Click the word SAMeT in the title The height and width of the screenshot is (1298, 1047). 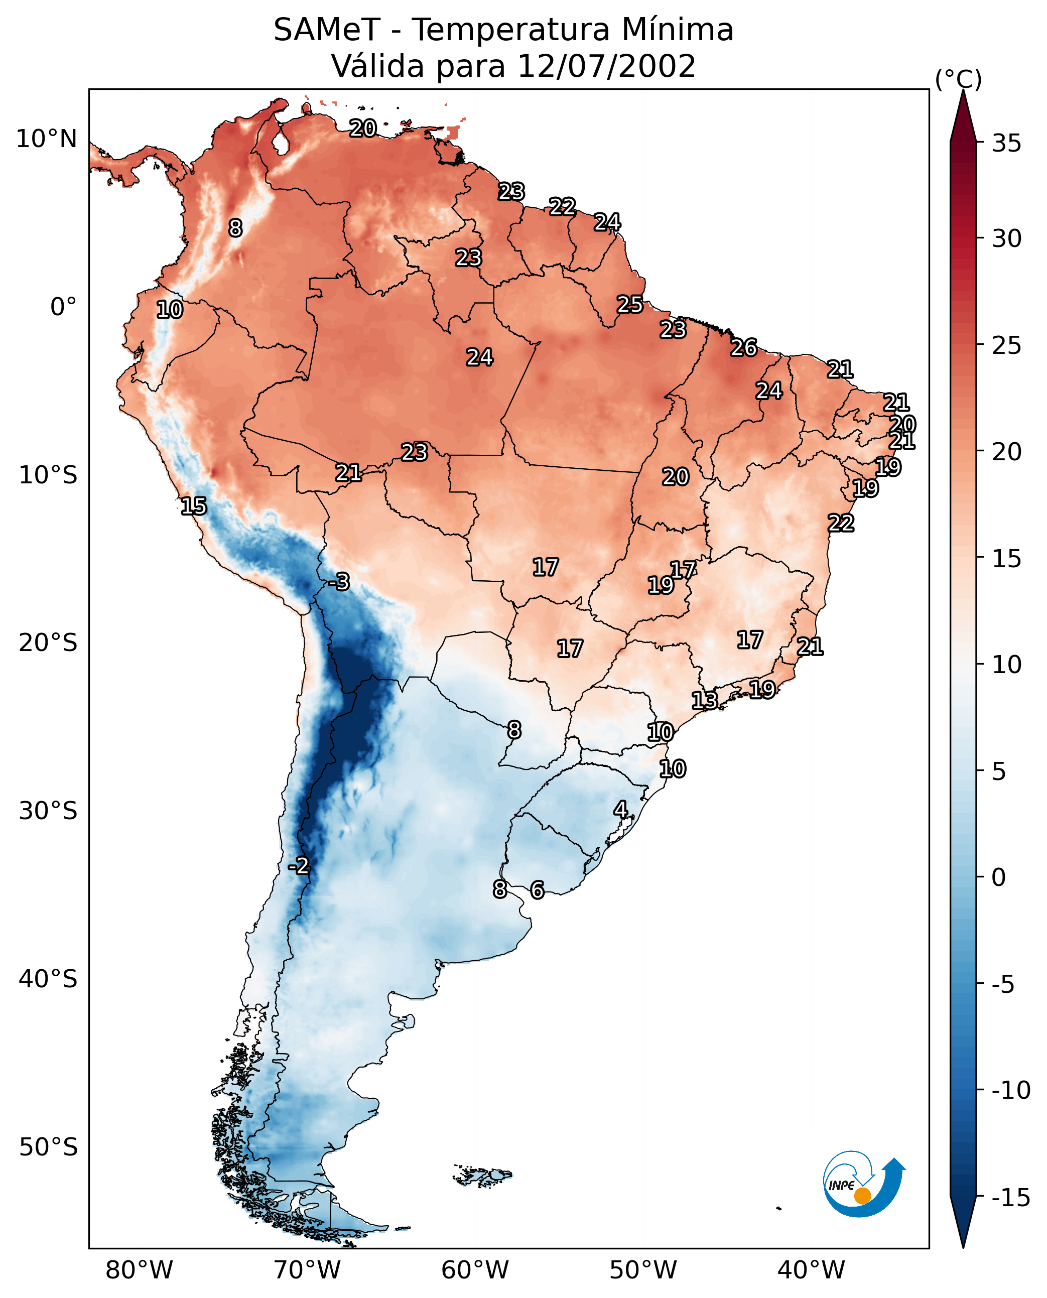[326, 30]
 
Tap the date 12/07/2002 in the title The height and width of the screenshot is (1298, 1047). [606, 66]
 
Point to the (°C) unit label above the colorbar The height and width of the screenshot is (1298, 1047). [958, 79]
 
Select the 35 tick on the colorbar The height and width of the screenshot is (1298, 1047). [1006, 144]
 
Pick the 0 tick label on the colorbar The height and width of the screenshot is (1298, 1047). [998, 877]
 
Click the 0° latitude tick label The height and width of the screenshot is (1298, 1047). [63, 307]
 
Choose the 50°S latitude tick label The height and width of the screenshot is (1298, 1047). [48, 1146]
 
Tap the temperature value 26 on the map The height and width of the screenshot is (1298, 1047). [744, 348]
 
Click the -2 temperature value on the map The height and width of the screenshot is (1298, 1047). [299, 866]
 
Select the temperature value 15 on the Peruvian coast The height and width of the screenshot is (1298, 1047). [194, 506]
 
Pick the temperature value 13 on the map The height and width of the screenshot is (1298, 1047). [704, 701]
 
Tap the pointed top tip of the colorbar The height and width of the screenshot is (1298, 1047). [963, 92]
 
